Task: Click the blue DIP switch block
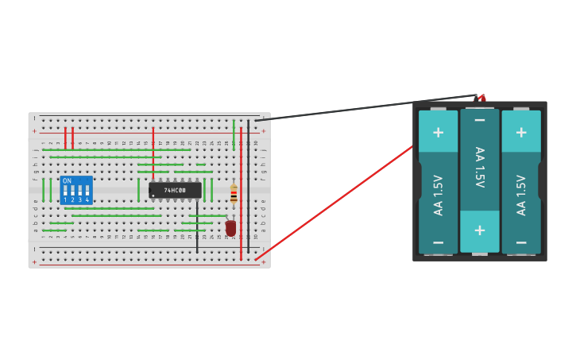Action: tap(76, 191)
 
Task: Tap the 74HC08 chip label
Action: tap(175, 191)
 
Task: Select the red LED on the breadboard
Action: tap(230, 228)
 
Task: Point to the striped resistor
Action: tap(233, 193)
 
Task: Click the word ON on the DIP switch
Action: tap(67, 181)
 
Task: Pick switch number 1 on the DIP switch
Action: tap(66, 193)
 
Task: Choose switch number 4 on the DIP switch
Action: tap(87, 193)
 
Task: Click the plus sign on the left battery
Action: tap(438, 131)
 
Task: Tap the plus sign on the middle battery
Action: tap(479, 230)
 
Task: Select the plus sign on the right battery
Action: tap(520, 131)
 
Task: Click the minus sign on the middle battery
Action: tap(479, 120)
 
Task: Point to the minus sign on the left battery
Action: tap(438, 242)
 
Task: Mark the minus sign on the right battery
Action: tap(520, 242)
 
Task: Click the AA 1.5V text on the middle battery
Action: tap(479, 167)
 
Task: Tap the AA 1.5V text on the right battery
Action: tap(520, 195)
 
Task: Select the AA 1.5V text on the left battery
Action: tap(438, 195)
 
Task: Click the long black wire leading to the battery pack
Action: tap(365, 108)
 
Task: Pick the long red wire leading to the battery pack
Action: tap(334, 203)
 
